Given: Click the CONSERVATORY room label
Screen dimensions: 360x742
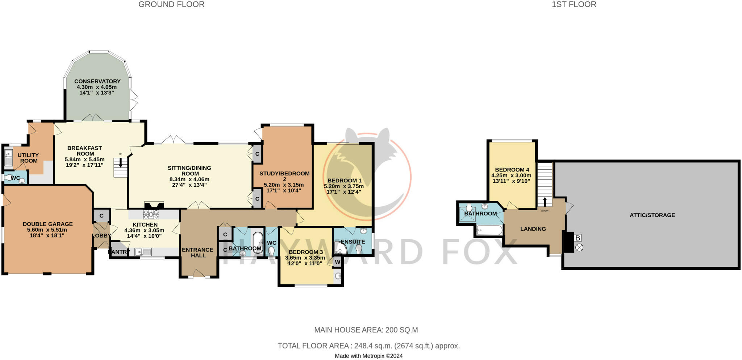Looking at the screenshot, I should [x=97, y=81].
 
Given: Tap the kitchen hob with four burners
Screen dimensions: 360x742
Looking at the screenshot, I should [x=151, y=214].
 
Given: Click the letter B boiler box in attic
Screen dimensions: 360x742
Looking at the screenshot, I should [x=578, y=238].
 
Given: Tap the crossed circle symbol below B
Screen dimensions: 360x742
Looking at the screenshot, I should [x=579, y=248].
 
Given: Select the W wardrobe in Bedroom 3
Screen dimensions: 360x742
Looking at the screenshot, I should [x=337, y=262].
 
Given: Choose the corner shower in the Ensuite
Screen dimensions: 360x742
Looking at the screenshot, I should [x=339, y=249].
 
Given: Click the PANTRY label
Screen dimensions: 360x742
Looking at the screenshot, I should [x=119, y=252].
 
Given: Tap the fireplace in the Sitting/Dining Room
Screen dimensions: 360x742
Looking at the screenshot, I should [x=154, y=205].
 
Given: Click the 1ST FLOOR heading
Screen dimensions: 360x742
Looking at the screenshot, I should [x=574, y=4].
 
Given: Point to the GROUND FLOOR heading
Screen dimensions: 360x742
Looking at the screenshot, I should [x=171, y=4].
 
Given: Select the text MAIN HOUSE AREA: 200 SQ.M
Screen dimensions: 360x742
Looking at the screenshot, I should [x=366, y=330].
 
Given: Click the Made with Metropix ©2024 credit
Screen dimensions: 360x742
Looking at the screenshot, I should [x=368, y=356].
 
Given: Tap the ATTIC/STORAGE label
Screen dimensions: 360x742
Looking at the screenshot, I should [x=652, y=215].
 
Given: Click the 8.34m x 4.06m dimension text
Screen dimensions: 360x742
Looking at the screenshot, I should [x=189, y=179].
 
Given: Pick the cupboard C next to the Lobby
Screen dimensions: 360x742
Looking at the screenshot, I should [x=101, y=215].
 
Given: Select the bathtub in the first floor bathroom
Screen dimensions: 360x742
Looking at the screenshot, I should [x=489, y=230].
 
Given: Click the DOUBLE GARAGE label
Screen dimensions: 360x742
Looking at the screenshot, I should [x=48, y=224].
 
